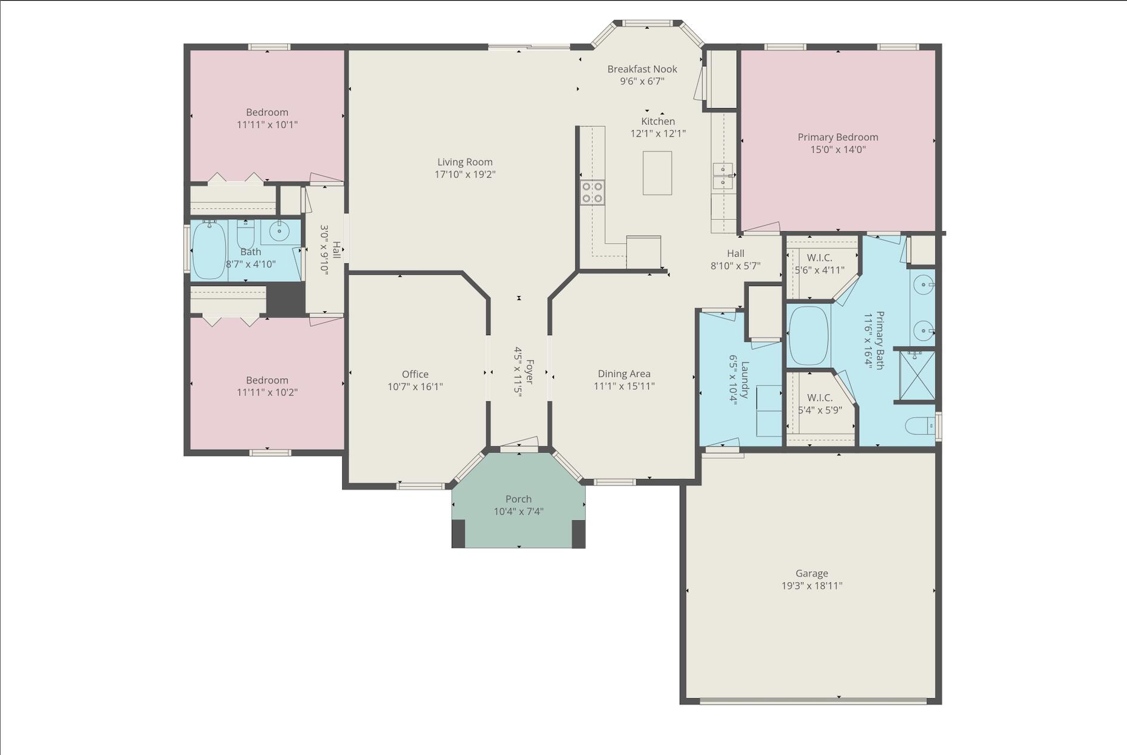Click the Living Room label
tap(465, 162)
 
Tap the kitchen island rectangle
tap(657, 173)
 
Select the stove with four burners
tap(592, 192)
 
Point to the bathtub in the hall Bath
tap(208, 250)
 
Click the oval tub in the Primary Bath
tap(809, 336)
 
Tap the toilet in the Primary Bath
tap(919, 426)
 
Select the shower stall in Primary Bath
tap(917, 375)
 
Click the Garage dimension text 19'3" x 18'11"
tap(812, 586)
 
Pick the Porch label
tap(518, 499)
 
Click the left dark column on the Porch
tap(458, 533)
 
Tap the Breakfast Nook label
tap(642, 69)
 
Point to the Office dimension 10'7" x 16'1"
tap(415, 386)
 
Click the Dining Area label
tap(624, 374)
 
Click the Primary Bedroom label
tap(838, 137)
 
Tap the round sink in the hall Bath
tap(279, 229)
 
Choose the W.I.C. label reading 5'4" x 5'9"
tap(820, 410)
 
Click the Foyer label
tap(529, 372)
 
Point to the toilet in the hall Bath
tap(246, 234)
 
